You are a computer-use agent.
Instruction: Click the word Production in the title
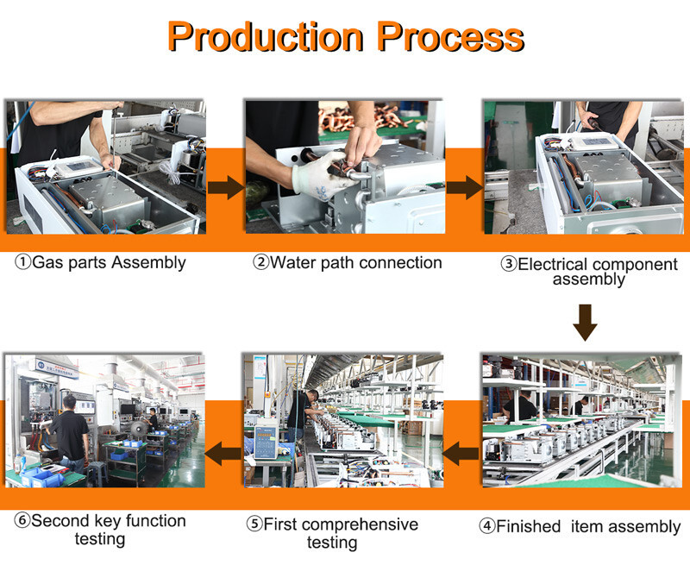[x=266, y=36]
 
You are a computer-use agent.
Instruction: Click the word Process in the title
[x=450, y=36]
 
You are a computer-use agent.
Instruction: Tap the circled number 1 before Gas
[x=23, y=262]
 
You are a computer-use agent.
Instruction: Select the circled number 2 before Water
[x=260, y=262]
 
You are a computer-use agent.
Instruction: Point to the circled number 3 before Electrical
[x=509, y=264]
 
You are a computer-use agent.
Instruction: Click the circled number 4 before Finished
[x=486, y=526]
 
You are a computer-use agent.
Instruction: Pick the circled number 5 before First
[x=254, y=524]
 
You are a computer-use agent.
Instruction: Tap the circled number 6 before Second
[x=22, y=520]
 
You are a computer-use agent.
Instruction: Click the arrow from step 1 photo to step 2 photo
[x=226, y=187]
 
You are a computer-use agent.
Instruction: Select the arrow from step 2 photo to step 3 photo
[x=465, y=187]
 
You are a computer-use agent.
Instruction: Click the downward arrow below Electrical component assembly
[x=586, y=323]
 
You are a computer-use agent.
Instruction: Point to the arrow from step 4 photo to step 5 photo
[x=461, y=454]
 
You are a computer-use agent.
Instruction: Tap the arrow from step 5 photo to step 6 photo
[x=223, y=454]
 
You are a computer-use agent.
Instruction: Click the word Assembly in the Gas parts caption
[x=148, y=263]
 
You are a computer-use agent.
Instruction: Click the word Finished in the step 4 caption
[x=528, y=526]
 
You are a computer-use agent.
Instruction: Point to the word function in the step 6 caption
[x=156, y=521]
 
